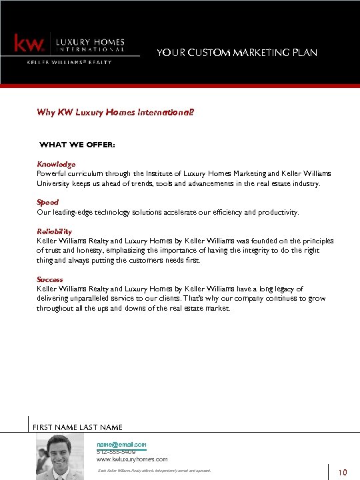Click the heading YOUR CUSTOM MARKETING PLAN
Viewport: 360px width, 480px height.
(x=237, y=53)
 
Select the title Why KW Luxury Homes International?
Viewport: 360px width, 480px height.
(x=115, y=113)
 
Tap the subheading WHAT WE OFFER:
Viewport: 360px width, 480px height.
(x=77, y=144)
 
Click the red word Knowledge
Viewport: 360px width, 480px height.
(x=56, y=163)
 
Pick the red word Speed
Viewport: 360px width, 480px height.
(x=47, y=202)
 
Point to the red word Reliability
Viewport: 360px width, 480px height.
(x=54, y=231)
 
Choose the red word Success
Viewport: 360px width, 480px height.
(x=50, y=279)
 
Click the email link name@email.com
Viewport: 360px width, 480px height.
(x=121, y=444)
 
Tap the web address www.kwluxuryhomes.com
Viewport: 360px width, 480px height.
(x=132, y=459)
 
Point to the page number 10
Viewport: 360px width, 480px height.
(x=343, y=473)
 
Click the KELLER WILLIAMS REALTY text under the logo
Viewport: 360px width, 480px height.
(x=69, y=62)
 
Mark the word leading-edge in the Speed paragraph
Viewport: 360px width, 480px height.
(x=77, y=213)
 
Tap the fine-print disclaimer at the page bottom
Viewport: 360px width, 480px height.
(x=153, y=471)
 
